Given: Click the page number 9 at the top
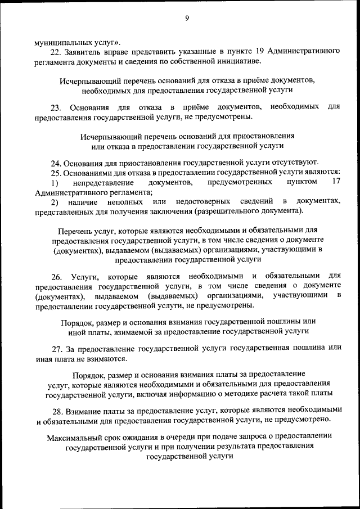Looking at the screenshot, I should [186, 18].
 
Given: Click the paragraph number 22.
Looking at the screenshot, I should [55, 51].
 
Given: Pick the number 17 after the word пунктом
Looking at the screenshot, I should [336, 182].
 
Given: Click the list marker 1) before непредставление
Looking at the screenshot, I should [55, 182].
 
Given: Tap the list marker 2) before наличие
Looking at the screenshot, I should [55, 201].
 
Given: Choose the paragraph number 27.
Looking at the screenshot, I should [55, 348].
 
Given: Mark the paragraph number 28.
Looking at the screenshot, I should [55, 410].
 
